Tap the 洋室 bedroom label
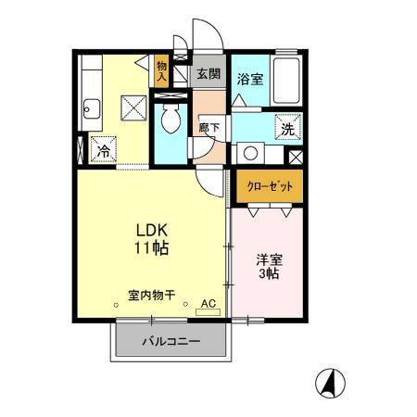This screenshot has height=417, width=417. pos(270,258)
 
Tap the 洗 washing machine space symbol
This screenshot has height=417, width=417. pos(285,128)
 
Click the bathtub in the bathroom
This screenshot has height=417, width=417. pos(285,82)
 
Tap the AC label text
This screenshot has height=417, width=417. pos(207,303)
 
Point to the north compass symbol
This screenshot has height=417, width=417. pos(329,381)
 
